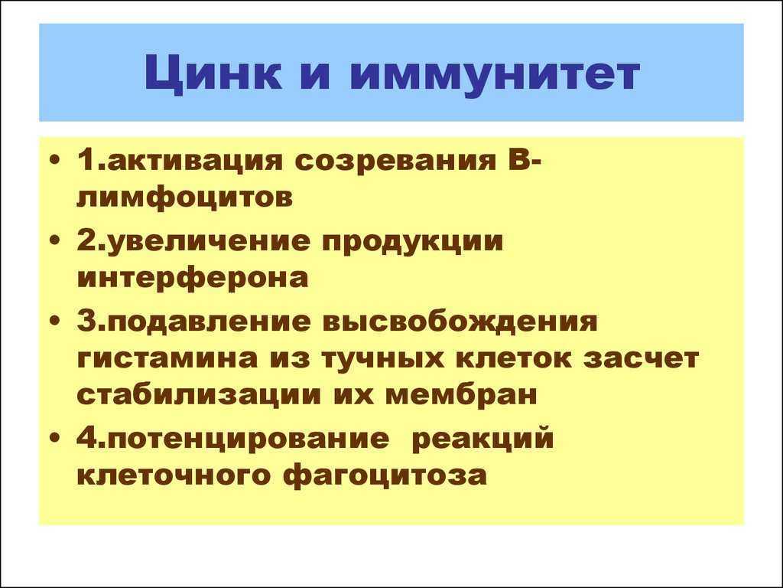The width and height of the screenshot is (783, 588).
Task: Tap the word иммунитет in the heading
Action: click(x=495, y=74)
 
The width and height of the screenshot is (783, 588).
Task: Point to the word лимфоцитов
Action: click(x=185, y=198)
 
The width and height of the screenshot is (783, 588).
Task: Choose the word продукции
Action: click(x=412, y=241)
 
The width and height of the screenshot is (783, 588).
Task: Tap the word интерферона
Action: click(x=193, y=277)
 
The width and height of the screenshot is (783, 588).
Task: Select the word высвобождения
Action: click(x=460, y=322)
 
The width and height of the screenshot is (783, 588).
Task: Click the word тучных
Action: click(x=383, y=358)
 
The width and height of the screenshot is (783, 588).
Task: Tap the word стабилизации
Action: click(x=199, y=394)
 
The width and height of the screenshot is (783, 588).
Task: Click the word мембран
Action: click(x=461, y=394)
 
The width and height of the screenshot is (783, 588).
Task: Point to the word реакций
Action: click(x=484, y=439)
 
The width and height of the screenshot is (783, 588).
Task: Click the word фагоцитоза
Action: click(x=385, y=475)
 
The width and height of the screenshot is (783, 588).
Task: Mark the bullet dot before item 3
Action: click(x=56, y=322)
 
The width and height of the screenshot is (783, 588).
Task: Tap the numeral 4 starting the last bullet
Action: click(x=86, y=437)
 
